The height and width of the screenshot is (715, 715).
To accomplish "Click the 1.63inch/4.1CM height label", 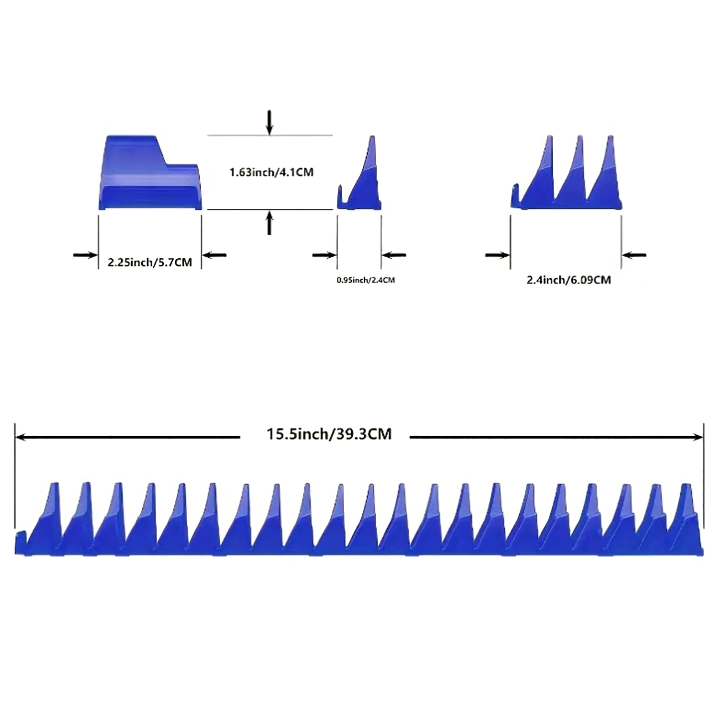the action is (271, 172).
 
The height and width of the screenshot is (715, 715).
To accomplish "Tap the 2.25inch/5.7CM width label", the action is (150, 262).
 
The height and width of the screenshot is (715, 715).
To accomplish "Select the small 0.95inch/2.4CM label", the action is (366, 280).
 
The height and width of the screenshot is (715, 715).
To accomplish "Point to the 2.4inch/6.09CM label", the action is (568, 280).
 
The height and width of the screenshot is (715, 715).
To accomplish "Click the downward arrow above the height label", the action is (269, 122).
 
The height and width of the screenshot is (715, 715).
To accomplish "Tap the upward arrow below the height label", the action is (269, 223).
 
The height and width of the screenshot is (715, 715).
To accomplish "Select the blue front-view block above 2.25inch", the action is (150, 172).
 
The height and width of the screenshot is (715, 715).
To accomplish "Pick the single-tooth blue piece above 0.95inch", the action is (359, 172).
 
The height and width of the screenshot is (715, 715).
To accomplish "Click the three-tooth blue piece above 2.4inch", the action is (566, 172).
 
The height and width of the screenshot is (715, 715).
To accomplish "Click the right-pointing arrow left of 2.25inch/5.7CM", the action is (85, 255).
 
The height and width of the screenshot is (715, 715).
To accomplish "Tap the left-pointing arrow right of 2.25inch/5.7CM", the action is (214, 255).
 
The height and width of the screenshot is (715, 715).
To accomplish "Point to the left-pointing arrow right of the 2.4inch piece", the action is (634, 255).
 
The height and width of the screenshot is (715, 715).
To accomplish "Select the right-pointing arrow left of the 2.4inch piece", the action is (497, 255).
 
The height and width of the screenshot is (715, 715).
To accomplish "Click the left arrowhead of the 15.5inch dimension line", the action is (20, 437).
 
